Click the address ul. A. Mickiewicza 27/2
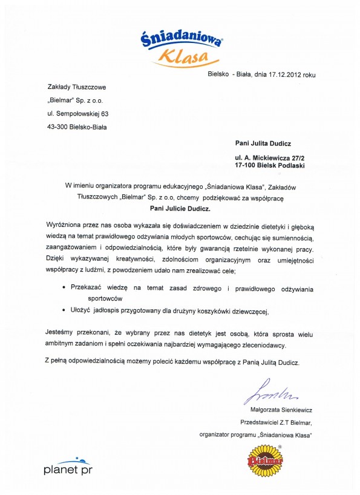click(269, 158)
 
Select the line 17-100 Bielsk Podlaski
click(269, 165)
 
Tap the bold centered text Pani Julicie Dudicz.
click(180, 209)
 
